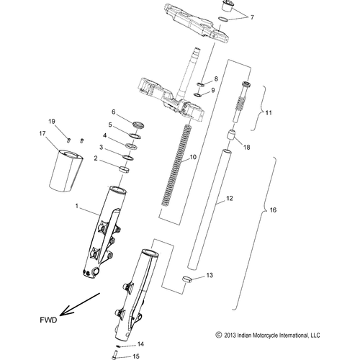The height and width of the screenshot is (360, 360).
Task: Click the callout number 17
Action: click(x=42, y=133)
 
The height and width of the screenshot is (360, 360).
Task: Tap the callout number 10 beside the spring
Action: click(x=193, y=157)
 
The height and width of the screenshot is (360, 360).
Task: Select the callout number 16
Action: click(x=273, y=210)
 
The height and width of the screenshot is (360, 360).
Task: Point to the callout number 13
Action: click(x=210, y=275)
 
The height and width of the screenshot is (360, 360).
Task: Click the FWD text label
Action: click(x=48, y=320)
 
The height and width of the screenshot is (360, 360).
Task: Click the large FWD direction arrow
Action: click(x=80, y=304)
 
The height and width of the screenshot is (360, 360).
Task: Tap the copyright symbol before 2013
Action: click(x=218, y=335)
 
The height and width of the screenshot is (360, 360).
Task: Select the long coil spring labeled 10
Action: click(x=176, y=166)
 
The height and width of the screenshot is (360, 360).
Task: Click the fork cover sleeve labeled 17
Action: click(x=66, y=171)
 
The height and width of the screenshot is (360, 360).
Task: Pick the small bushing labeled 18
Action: click(x=231, y=135)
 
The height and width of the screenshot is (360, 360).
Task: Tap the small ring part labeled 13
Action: click(x=186, y=279)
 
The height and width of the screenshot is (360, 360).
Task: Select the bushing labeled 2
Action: click(x=125, y=169)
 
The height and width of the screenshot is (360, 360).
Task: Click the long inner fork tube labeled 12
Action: click(x=210, y=209)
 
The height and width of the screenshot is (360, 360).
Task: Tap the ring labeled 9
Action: click(x=197, y=95)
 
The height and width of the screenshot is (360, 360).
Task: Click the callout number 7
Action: click(x=252, y=17)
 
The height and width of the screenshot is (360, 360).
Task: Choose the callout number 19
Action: click(x=52, y=122)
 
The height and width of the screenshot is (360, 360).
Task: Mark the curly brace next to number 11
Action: click(x=259, y=108)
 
